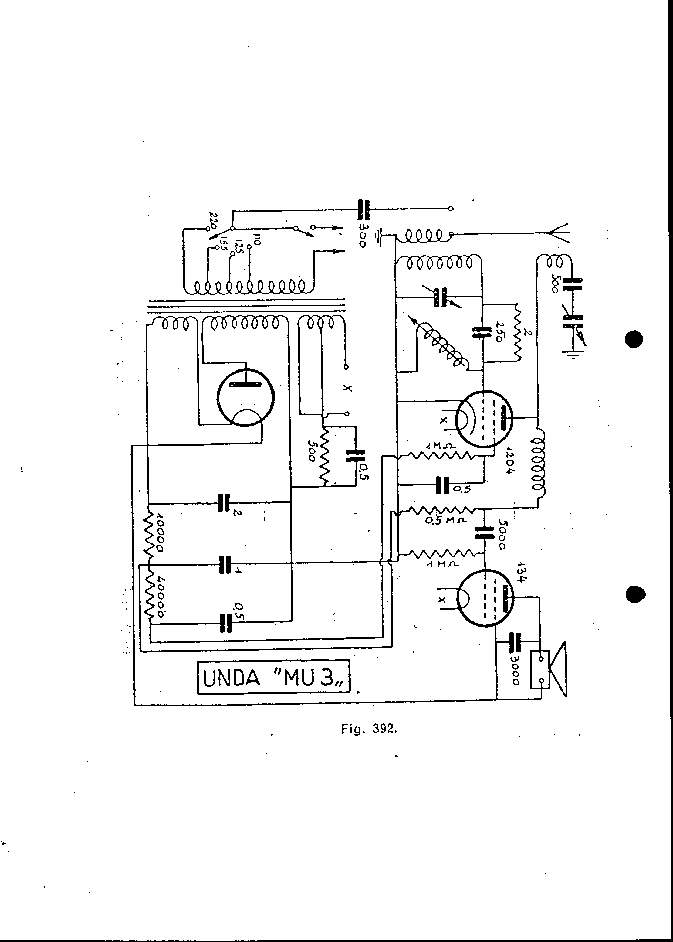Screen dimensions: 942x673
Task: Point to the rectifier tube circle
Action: (246, 397)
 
